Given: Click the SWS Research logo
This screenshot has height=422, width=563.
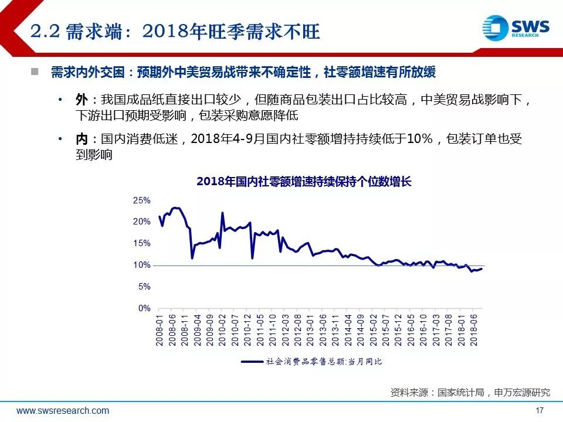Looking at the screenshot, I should [x=515, y=28].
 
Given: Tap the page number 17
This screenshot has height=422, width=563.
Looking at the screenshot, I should [x=540, y=410].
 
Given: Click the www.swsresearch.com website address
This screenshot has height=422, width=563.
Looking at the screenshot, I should [x=63, y=410].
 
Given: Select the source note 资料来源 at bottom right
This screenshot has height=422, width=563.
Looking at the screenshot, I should [x=470, y=392].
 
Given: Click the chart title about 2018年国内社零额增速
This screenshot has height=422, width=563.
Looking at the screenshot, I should [x=304, y=182].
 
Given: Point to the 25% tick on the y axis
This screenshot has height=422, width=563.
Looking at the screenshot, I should [x=142, y=200].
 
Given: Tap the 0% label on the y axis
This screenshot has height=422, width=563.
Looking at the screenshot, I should [x=144, y=308].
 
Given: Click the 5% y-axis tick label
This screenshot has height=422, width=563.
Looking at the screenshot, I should [x=144, y=287].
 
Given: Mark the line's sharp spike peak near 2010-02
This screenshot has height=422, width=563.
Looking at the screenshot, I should [x=222, y=212].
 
